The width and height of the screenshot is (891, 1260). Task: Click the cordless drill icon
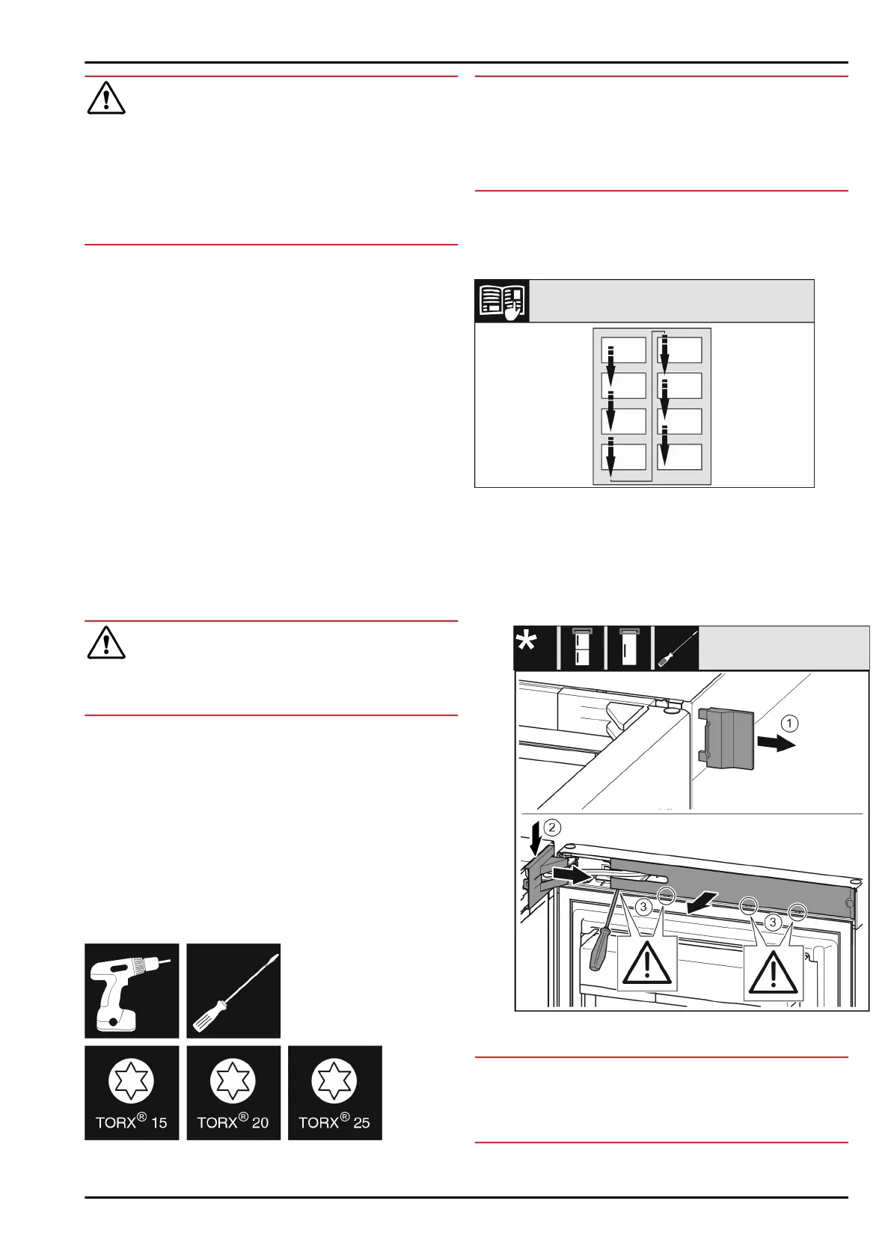pos(132,991)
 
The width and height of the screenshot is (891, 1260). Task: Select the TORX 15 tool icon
pos(132,1092)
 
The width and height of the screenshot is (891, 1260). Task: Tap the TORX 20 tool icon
pos(233,1092)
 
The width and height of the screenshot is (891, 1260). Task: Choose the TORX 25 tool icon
pos(334,1092)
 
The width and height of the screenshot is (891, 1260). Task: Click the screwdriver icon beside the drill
pos(233,991)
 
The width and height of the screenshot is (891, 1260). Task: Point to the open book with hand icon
pos(502,301)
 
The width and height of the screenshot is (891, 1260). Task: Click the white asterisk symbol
pos(527,643)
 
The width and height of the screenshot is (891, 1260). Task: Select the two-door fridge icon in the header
pos(581,647)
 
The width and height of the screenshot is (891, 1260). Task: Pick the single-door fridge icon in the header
pos(628,647)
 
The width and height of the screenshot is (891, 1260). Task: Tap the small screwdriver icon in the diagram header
pos(676,648)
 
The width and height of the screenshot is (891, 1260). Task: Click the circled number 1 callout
pos(790,724)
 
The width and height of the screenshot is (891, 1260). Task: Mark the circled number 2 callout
pos(552,827)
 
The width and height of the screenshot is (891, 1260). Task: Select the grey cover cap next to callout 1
pos(726,738)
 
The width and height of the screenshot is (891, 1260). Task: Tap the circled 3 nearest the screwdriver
pos(643,907)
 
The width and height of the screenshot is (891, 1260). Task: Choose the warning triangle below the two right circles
pos(774,973)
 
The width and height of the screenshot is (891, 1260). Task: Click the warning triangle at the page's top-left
pos(106,99)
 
